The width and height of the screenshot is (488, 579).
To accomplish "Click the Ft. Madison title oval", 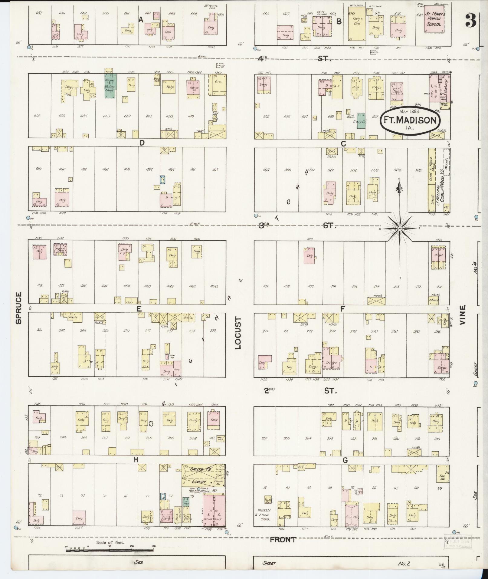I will (x=410, y=120).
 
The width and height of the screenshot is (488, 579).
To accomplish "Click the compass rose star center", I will (x=399, y=229).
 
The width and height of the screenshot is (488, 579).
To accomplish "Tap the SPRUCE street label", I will (x=19, y=308).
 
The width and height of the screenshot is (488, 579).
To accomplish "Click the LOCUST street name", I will (x=239, y=333).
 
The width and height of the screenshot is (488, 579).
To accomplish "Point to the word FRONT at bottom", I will (x=283, y=539).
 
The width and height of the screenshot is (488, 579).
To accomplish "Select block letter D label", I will (x=142, y=143).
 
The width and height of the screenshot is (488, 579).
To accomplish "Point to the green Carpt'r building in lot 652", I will (x=361, y=120).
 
